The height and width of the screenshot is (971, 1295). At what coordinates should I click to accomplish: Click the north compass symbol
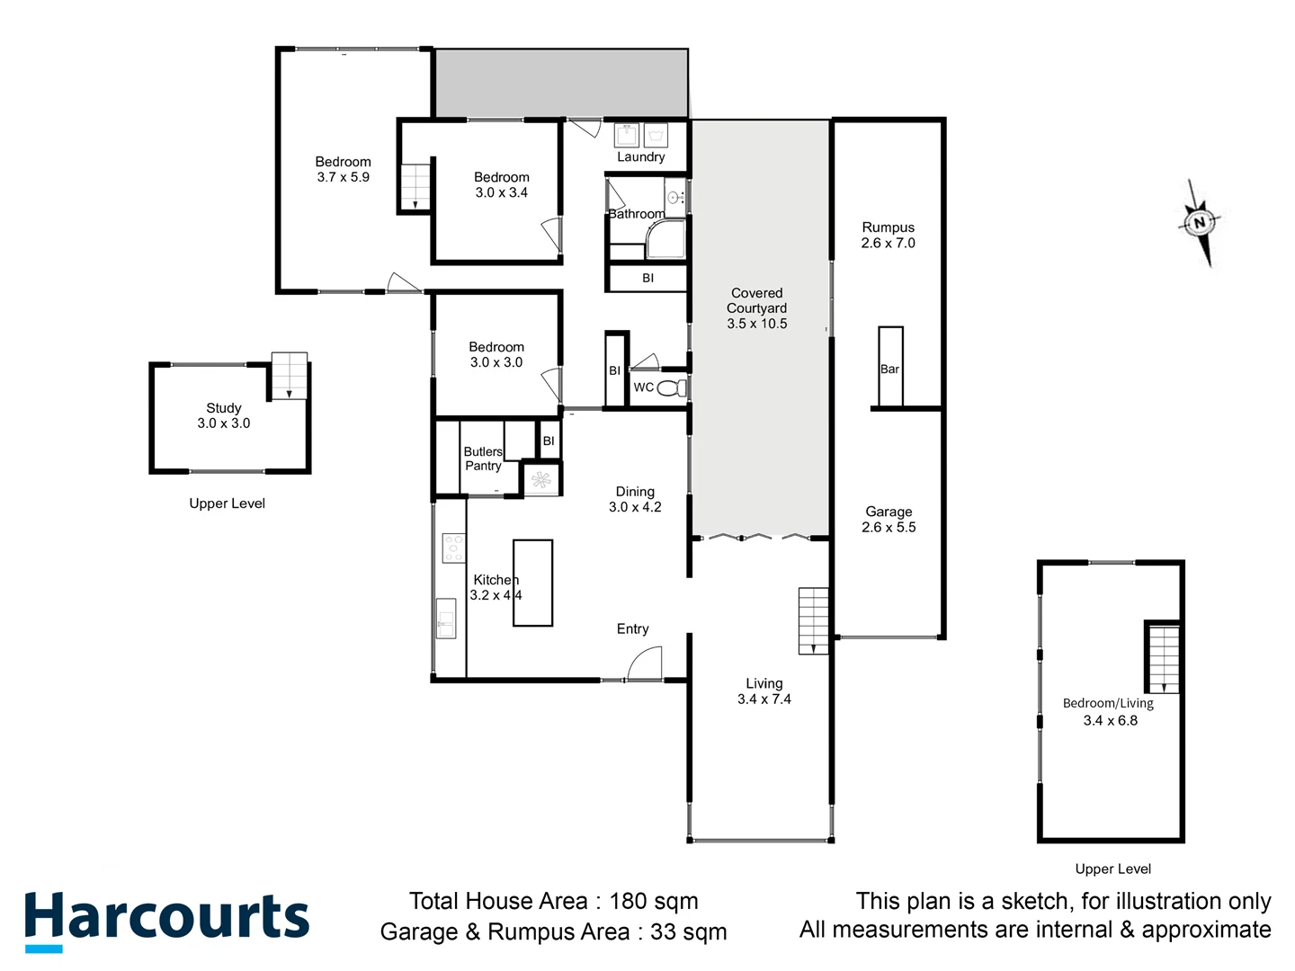coord(1199,222)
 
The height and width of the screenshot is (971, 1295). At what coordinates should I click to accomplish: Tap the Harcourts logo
coord(167,920)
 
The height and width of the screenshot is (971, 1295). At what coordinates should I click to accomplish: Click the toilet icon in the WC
coord(670,388)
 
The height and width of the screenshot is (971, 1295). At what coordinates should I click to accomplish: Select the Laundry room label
coord(640,156)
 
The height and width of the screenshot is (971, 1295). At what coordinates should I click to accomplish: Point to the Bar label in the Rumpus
coord(889,369)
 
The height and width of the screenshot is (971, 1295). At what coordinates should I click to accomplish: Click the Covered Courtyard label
coord(756,307)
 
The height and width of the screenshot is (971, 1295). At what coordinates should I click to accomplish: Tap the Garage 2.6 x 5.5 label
coord(889,519)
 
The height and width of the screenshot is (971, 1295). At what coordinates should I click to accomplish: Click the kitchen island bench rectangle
coord(532,583)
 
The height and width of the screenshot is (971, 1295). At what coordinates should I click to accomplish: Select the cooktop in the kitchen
coord(453,548)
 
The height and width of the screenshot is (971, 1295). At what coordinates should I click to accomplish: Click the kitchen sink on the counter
coord(446,618)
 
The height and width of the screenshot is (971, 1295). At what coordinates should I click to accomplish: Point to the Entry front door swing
coord(645,664)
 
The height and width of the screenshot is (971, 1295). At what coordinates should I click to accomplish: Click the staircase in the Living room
coord(813,620)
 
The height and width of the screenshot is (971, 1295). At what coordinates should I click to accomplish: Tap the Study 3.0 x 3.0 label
coord(224,415)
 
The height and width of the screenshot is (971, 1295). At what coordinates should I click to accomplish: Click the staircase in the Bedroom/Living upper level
coord(1163,658)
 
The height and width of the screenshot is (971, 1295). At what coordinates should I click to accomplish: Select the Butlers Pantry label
coord(483,459)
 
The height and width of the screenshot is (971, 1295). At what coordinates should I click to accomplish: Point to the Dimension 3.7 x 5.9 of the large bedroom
coord(343,177)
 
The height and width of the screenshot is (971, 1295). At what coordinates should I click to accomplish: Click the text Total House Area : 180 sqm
coord(553,901)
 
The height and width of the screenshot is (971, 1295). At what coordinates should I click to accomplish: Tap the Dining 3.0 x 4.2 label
coord(635,499)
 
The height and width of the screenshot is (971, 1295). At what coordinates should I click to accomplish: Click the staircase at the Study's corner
coord(289,375)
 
